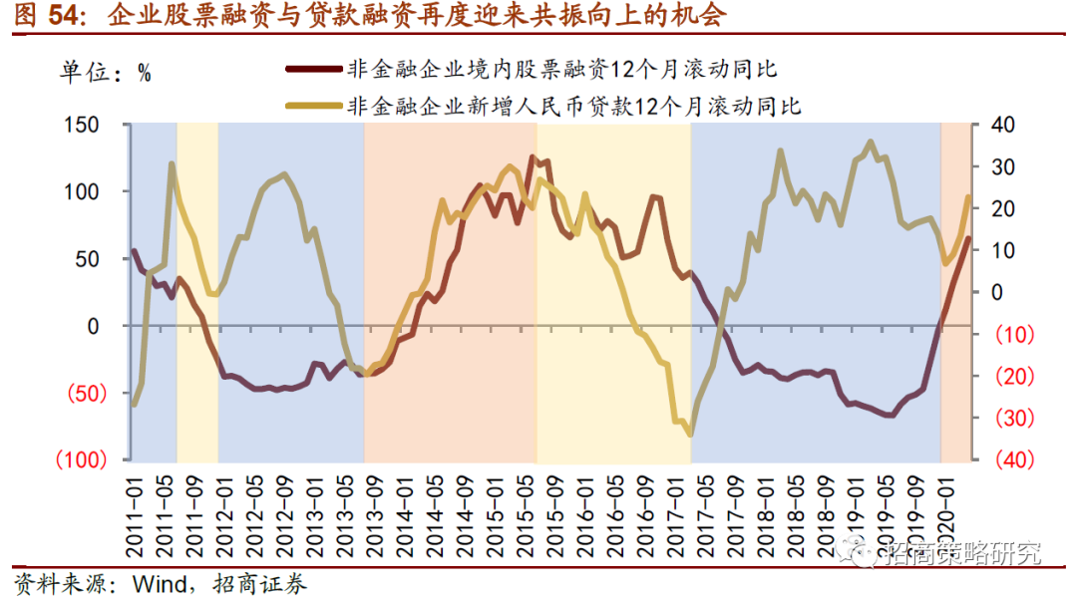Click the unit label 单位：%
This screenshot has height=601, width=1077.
coord(107,72)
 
